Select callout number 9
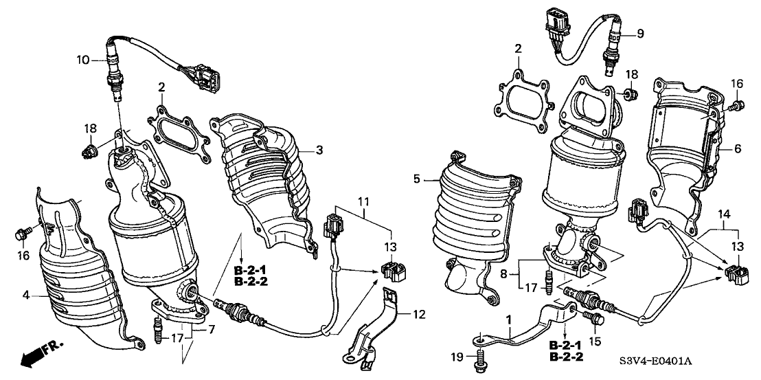(640, 32)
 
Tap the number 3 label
(319, 149)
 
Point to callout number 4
(25, 296)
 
